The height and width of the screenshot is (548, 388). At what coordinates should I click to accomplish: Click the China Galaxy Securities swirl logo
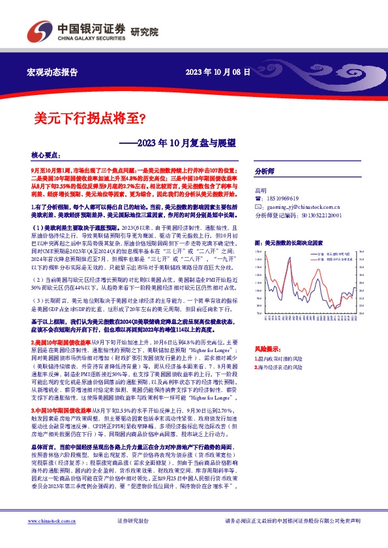pyautogui.click(x=37, y=31)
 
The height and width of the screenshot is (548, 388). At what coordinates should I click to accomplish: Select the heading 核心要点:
pyautogui.click(x=46, y=156)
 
